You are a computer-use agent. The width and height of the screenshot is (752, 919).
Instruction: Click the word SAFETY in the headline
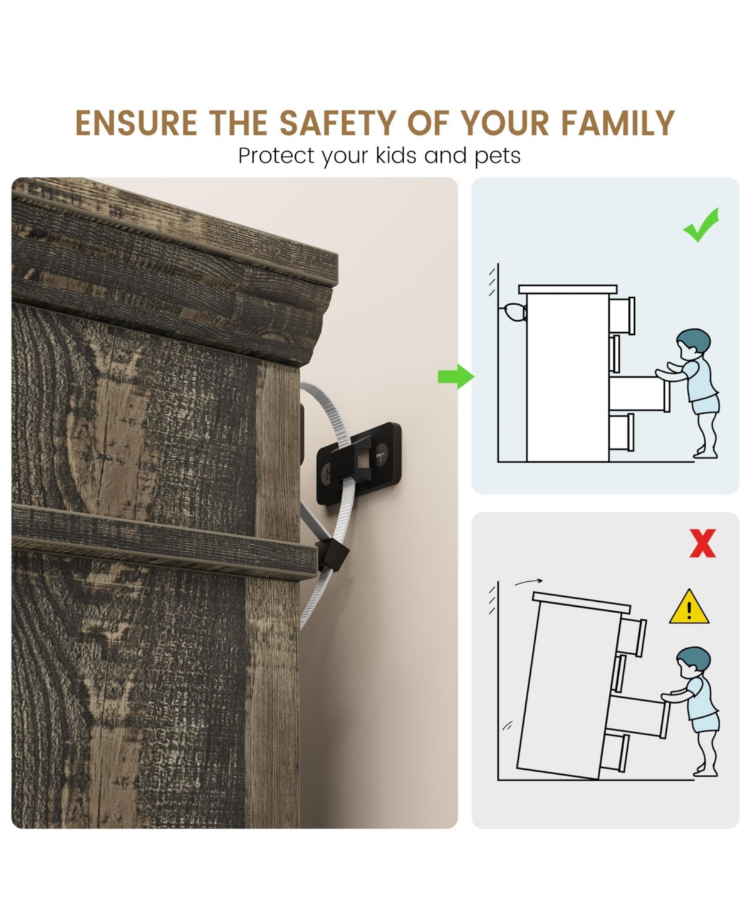pos(338,123)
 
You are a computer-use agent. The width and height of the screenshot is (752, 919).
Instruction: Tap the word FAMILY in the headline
pos(618,123)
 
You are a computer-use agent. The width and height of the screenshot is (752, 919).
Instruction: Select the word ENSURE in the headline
pos(136,123)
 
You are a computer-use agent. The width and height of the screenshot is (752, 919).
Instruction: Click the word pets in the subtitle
pos(498,156)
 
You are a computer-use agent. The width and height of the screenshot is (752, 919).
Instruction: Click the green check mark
pos(701,225)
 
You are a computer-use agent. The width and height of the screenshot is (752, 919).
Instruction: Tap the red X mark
pos(702,544)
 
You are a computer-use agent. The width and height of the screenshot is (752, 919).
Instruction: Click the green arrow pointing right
pos(456,377)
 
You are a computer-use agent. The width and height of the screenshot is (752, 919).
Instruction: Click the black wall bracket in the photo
pos(358,463)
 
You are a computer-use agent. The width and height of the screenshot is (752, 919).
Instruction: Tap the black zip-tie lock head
pos(333,555)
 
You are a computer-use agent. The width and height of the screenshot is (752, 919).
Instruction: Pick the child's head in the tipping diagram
pos(692,662)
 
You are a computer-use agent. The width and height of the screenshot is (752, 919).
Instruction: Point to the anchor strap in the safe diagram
pos(514,312)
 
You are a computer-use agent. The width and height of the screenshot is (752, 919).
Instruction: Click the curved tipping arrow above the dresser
pos(528,581)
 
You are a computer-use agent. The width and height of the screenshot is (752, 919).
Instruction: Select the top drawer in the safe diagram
pos(622,315)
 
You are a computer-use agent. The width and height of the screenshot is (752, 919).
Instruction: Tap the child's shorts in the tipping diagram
pos(706,722)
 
